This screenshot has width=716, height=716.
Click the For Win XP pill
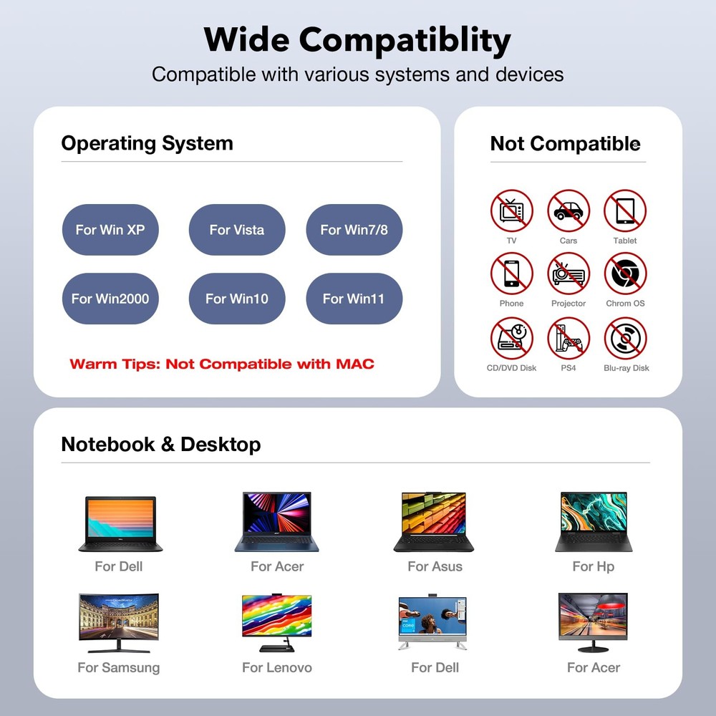[110, 230]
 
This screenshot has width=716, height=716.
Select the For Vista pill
[237, 230]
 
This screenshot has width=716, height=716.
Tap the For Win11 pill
[354, 299]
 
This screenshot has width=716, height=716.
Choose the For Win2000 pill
[110, 299]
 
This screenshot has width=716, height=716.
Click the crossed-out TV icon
[511, 211]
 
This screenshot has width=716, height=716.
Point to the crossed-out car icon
[569, 211]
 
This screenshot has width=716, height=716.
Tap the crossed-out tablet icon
[625, 211]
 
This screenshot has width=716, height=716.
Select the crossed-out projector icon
[569, 274]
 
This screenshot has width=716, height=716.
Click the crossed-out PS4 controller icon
[569, 339]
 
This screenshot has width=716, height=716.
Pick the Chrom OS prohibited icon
[625, 274]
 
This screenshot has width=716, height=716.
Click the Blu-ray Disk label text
[626, 368]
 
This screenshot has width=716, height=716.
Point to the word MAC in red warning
[355, 364]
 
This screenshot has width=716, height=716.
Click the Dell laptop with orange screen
[120, 524]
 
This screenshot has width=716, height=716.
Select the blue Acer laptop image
[276, 521]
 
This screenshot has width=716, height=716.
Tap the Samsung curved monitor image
[119, 623]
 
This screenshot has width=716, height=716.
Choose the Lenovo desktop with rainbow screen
[276, 623]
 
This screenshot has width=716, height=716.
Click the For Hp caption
[593, 566]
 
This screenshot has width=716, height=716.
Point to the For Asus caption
[435, 566]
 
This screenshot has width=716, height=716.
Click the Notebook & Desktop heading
[160, 445]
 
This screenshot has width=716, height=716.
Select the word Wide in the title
[246, 39]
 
